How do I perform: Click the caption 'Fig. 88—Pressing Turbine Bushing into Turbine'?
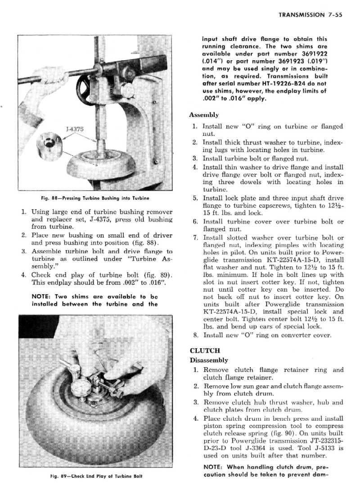click(x=92, y=198)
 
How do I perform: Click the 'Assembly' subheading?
click(x=204, y=115)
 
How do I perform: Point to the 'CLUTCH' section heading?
click(x=205, y=351)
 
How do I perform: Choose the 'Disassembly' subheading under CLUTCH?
click(x=209, y=360)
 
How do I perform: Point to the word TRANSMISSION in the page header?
click(x=301, y=14)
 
